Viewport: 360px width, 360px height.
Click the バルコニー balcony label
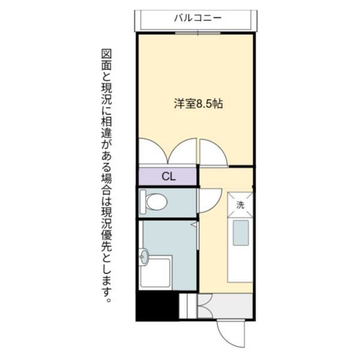click(x=198, y=17)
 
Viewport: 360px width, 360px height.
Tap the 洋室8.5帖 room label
click(x=199, y=104)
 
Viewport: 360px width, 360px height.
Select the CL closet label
click(x=169, y=177)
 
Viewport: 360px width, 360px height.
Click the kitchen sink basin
click(x=241, y=232)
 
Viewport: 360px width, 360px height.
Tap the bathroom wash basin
click(x=144, y=258)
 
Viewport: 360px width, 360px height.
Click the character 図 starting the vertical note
click(x=106, y=54)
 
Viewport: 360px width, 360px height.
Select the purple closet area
click(x=168, y=177)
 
